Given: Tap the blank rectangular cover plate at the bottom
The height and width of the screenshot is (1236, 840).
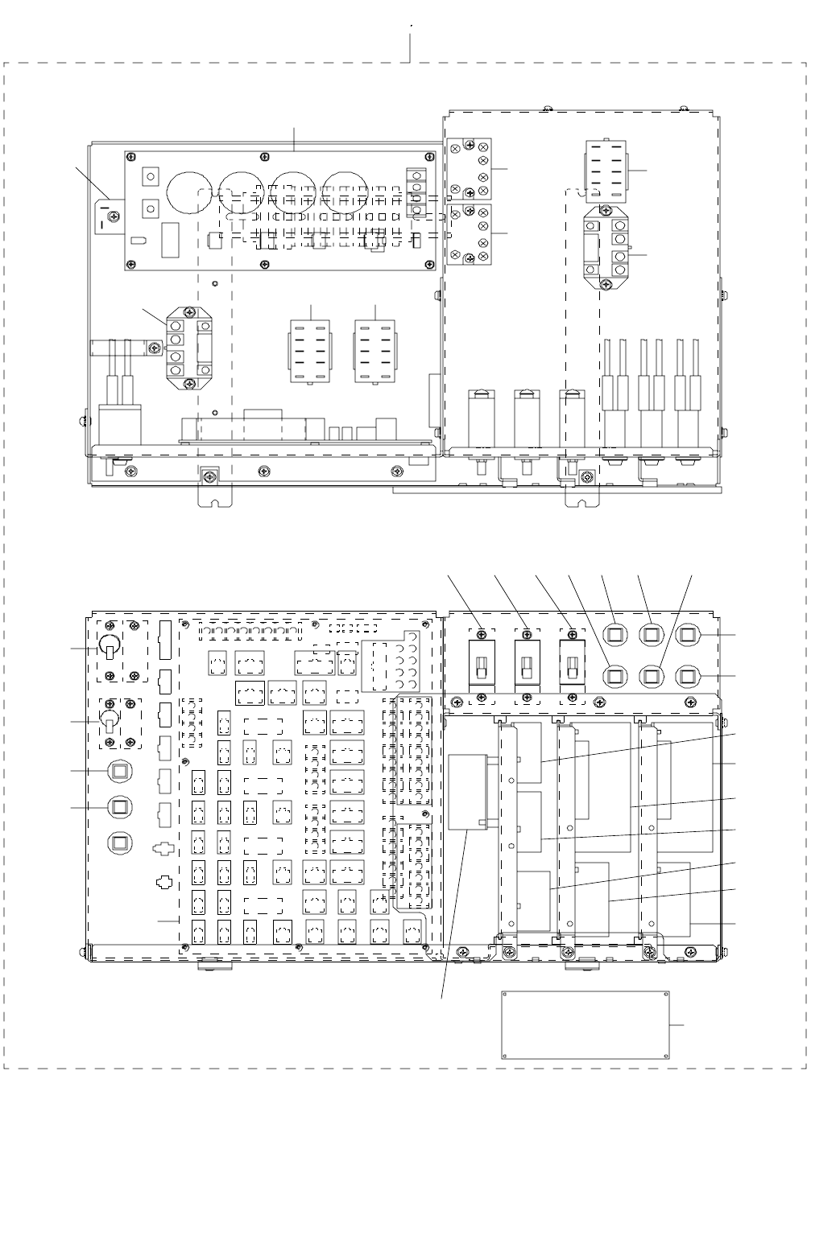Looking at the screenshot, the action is (x=585, y=1024).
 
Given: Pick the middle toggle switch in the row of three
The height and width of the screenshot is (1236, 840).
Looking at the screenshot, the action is (x=527, y=665).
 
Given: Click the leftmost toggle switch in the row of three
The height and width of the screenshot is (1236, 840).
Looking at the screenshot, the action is (x=482, y=665).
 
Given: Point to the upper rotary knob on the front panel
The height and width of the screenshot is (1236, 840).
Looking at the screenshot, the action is (x=110, y=646).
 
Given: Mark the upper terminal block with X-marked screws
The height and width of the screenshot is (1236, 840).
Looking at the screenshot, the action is (x=470, y=168).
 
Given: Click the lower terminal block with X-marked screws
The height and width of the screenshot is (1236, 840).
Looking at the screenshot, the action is (x=470, y=233).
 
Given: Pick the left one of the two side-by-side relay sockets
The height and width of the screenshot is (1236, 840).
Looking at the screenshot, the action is (x=310, y=352).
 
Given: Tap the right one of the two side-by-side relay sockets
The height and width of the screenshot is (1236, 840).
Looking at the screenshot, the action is (x=374, y=352).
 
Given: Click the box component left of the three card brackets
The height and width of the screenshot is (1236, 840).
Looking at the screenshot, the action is (x=469, y=792).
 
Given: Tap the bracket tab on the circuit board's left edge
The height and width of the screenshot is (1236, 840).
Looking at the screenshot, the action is (x=106, y=213).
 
